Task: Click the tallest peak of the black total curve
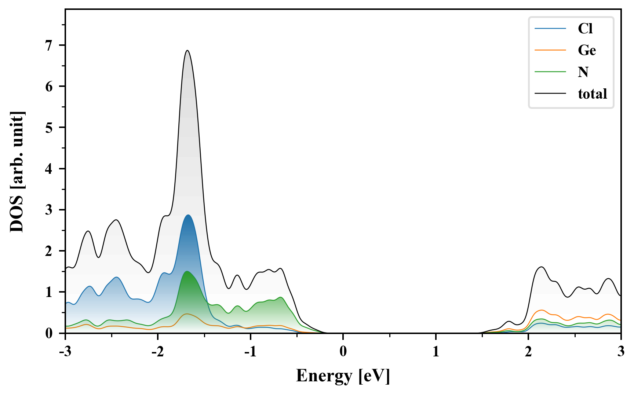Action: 187,51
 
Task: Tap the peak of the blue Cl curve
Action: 188,215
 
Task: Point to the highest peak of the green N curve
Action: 187,271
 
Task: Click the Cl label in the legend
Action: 585,29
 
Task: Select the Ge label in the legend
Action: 587,50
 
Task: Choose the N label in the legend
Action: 583,72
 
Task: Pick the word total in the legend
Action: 593,94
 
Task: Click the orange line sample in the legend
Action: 550,50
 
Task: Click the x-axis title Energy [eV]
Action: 343,376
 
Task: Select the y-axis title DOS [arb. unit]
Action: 17,172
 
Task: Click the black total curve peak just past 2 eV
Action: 542,267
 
